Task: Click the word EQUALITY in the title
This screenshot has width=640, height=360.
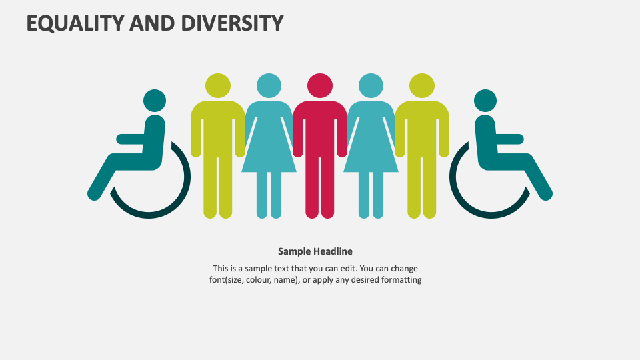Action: [x=75, y=23]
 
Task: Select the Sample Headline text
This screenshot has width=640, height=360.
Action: [x=315, y=251]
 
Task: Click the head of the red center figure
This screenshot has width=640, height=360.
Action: [x=319, y=85]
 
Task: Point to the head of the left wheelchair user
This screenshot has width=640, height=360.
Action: [x=155, y=101]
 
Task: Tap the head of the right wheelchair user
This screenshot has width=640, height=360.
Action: [x=485, y=101]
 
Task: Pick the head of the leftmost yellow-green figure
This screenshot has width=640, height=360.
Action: [x=218, y=85]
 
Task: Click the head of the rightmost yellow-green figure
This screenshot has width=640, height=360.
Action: [x=421, y=85]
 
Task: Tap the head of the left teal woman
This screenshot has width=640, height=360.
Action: [x=269, y=85]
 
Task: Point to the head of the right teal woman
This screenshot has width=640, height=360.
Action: [x=371, y=85]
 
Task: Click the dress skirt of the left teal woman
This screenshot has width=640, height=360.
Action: [x=269, y=157]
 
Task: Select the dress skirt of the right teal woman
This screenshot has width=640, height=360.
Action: [x=371, y=157]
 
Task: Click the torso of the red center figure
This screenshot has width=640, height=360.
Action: [x=319, y=127]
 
